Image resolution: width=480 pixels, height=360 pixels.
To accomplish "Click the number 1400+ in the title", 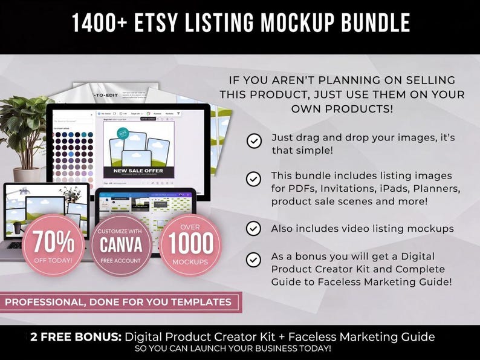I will click(x=98, y=23).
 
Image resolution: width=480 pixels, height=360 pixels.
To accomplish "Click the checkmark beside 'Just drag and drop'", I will click(x=254, y=141).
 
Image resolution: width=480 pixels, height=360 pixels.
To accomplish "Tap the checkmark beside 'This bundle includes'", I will click(x=254, y=179).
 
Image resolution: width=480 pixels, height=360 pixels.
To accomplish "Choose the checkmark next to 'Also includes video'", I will click(x=254, y=228).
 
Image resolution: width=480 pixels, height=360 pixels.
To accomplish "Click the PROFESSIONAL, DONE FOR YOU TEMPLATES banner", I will click(x=120, y=301).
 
